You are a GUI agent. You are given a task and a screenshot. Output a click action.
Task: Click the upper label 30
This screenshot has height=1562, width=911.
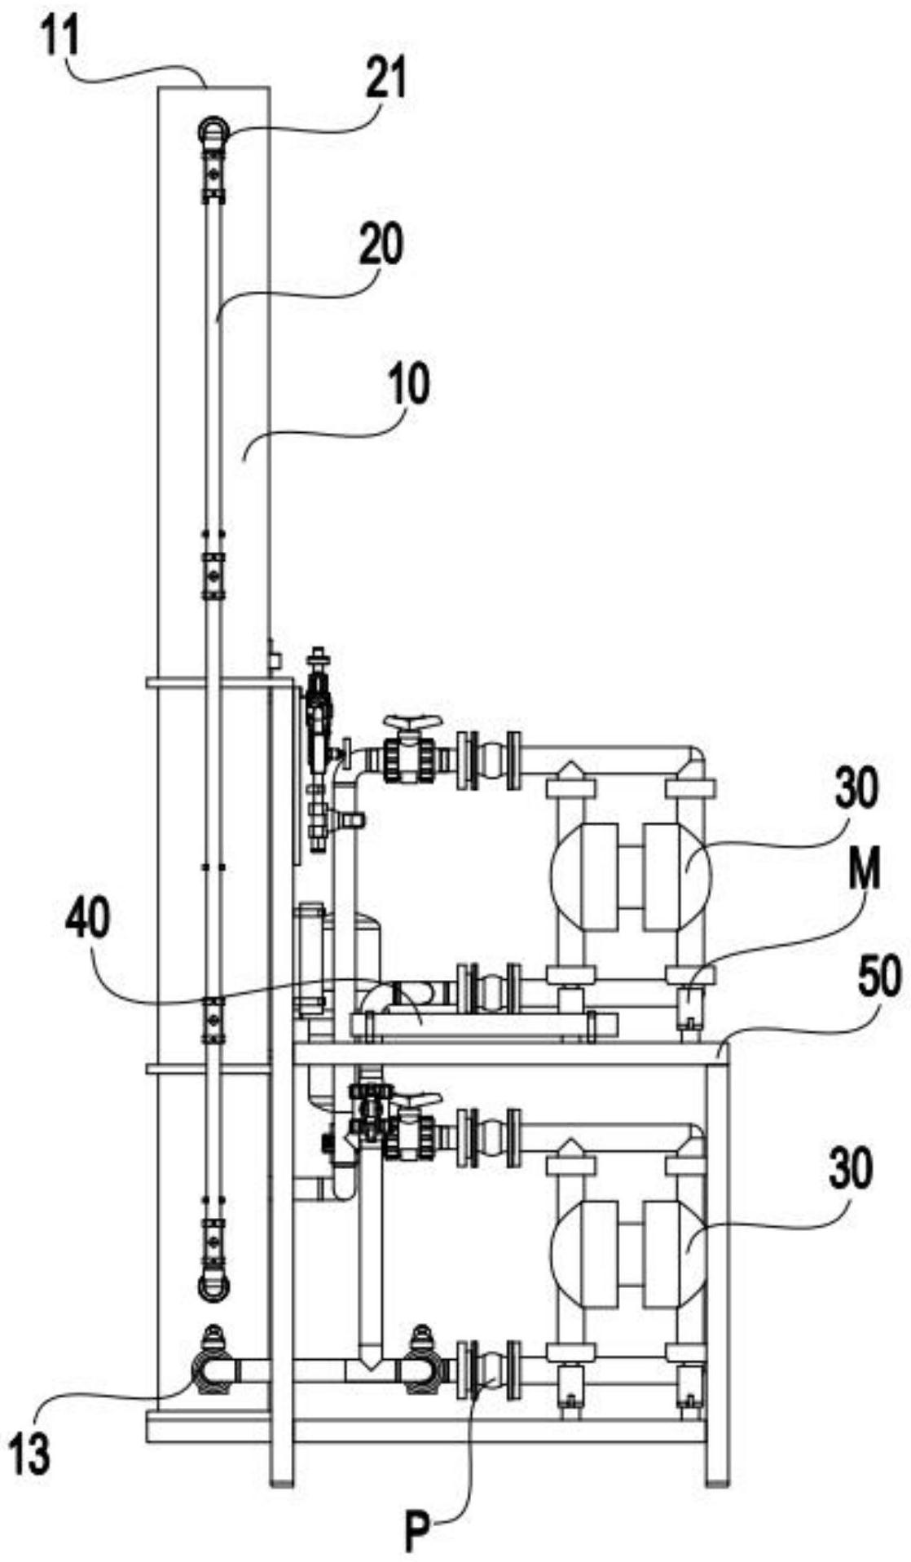(x=855, y=790)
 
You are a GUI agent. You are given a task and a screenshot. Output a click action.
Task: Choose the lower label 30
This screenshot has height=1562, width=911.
(x=852, y=1168)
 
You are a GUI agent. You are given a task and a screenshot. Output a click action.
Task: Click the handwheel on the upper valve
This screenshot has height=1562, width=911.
(x=414, y=722)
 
